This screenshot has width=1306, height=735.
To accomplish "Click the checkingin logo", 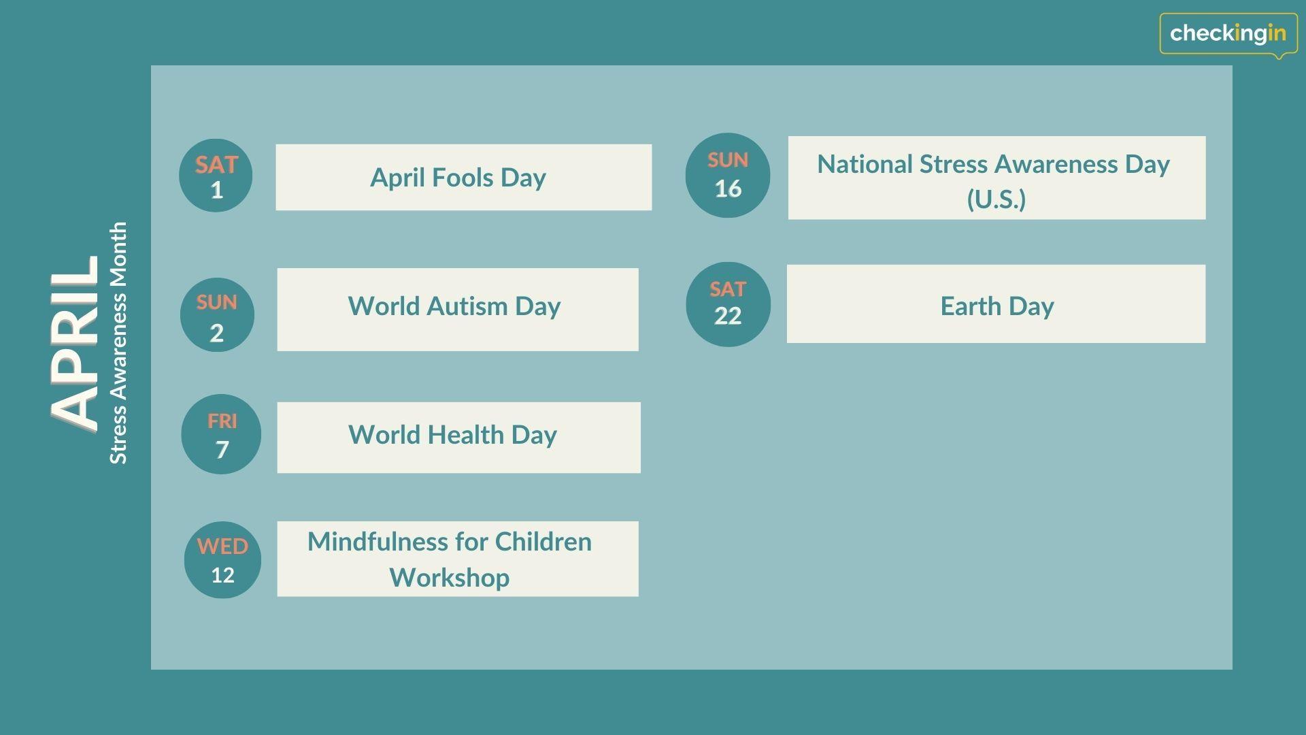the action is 1228,33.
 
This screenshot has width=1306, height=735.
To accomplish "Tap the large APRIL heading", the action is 75,342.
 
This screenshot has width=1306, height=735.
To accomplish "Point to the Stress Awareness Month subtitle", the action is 118,343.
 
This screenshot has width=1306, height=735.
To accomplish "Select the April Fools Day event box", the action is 463,177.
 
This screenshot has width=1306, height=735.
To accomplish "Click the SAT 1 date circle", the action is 216,176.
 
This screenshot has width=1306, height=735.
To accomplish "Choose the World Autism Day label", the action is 454,306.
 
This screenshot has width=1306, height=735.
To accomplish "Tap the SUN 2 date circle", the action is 217,314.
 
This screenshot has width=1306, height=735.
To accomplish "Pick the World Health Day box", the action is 458,438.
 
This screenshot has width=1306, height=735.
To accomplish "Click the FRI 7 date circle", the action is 221,434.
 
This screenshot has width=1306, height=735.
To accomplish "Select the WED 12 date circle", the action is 222,560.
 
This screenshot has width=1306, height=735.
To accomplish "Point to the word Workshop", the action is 450,578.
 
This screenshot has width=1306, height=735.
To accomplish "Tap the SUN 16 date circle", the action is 728,175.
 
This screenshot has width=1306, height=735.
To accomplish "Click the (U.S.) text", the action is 997,199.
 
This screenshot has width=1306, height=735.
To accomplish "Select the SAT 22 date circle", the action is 728,304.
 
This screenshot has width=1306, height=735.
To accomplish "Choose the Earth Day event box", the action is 996,304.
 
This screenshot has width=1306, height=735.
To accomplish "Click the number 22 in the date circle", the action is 728,316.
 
